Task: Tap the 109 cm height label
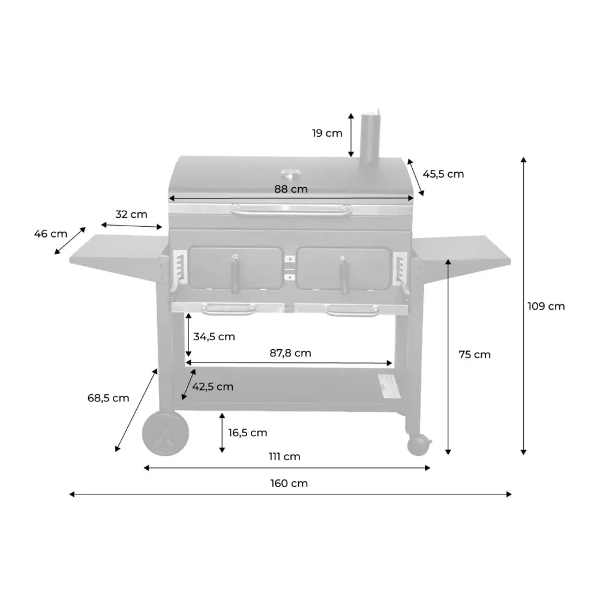(x=546, y=306)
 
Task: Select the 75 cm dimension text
(x=475, y=355)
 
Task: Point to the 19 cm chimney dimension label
(x=327, y=133)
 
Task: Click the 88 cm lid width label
(x=291, y=189)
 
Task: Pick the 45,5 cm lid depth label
(x=443, y=174)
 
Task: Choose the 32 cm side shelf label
(x=131, y=214)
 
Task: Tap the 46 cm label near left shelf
(x=50, y=233)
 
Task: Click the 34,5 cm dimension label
(x=214, y=337)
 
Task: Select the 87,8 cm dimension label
(x=290, y=353)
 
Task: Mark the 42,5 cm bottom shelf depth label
(x=213, y=386)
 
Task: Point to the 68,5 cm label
(x=109, y=398)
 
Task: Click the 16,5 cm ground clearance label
(x=248, y=433)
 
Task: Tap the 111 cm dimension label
(x=285, y=457)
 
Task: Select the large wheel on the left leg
(x=165, y=434)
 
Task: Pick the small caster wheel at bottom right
(x=419, y=445)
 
